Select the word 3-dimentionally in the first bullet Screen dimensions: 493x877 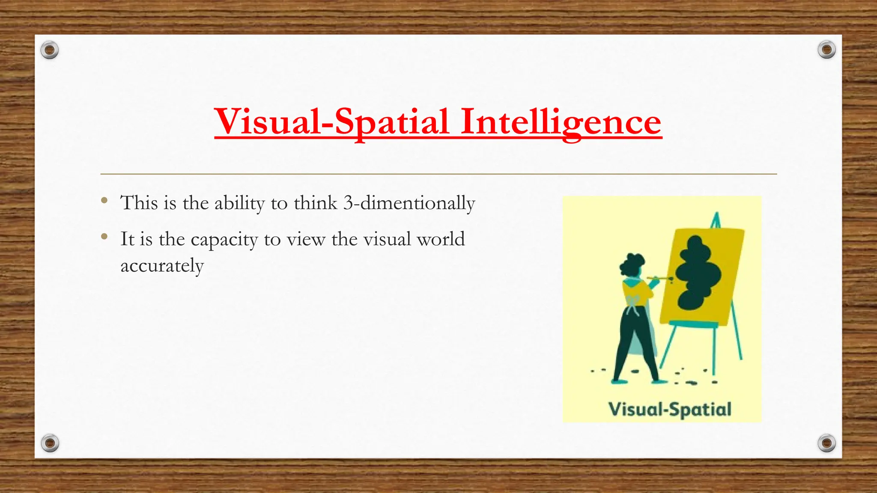[409, 203]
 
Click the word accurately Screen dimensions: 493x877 [162, 266]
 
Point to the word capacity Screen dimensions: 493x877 [224, 240]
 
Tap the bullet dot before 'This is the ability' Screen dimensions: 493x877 [104, 200]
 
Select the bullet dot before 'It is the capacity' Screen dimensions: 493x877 [104, 236]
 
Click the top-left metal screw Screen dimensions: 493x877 [50, 50]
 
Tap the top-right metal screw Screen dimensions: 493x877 [826, 50]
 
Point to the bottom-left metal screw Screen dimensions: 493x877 [50, 443]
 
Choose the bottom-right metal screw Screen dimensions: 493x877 [826, 443]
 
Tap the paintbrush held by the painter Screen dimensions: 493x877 [660, 279]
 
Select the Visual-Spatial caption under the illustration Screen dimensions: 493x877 [670, 410]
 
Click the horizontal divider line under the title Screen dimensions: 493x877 [438, 174]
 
